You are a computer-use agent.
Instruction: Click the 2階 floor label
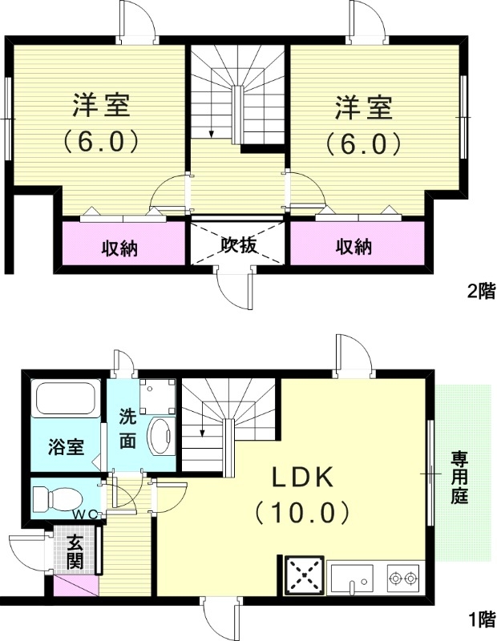[x=481, y=292]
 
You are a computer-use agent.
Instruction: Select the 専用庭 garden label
[x=459, y=477]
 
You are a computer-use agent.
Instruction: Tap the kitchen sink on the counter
[x=351, y=576]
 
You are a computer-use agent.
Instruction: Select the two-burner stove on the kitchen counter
[x=403, y=576]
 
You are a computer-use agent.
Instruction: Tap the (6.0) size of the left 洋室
[x=102, y=142]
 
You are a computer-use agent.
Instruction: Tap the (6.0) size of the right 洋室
[x=362, y=142]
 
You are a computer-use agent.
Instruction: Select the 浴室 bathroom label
[x=66, y=447]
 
